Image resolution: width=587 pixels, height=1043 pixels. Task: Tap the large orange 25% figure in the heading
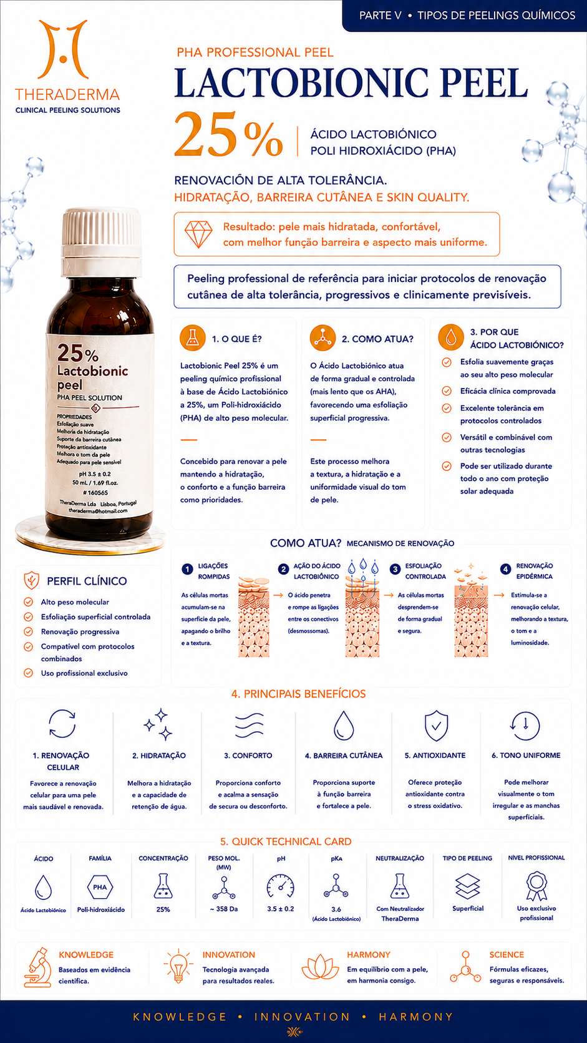coord(228,135)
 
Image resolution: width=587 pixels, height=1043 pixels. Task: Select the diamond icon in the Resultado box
coord(198,234)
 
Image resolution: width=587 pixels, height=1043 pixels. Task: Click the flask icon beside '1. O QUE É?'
coord(192,338)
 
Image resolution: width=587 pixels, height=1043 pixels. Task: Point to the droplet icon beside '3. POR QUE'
coord(450,337)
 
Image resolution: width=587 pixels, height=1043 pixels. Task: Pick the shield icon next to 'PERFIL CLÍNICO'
coord(31,581)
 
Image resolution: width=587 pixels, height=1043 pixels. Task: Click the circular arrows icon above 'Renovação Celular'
coord(62,724)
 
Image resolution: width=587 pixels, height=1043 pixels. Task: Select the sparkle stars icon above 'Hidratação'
coord(158,724)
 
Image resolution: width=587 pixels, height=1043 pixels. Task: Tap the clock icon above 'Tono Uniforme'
coord(525,726)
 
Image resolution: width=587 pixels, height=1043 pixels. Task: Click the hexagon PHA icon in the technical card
coord(100,888)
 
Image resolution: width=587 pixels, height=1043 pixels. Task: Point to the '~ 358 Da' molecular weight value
coord(224,910)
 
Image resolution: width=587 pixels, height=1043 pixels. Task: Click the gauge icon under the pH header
coord(280,886)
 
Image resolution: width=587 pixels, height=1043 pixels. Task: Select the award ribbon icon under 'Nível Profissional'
coord(536,886)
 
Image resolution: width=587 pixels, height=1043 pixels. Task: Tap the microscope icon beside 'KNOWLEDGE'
coord(38,968)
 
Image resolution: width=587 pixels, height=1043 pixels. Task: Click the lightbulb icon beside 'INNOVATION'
coord(178,966)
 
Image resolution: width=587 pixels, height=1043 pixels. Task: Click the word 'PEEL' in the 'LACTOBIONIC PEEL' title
coord(485,83)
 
